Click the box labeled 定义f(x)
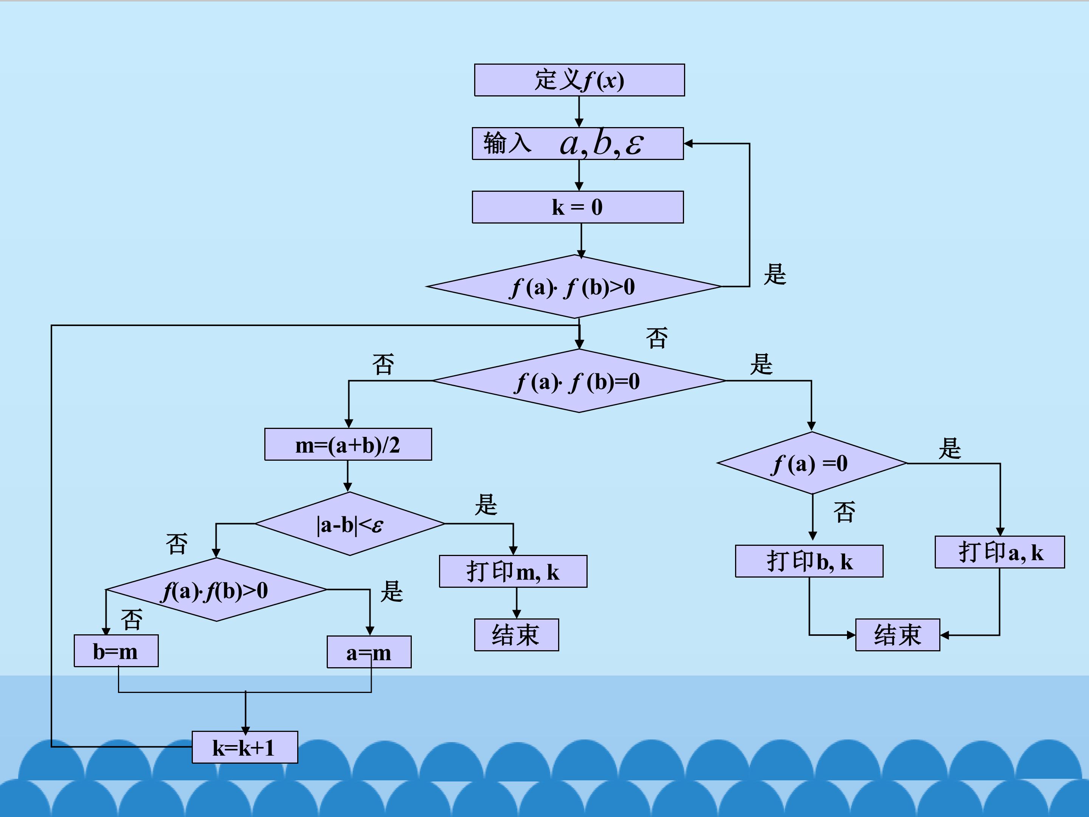coord(579,80)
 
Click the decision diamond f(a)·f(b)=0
coord(579,381)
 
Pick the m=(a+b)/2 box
coord(348,444)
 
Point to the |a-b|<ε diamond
coord(349,524)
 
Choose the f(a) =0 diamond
coord(812,463)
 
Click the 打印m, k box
coord(513,571)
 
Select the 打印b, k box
coord(809,561)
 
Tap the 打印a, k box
coord(999,552)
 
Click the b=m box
coord(116,651)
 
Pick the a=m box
coord(369,652)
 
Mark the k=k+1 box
coord(245,747)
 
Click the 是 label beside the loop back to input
coord(775,274)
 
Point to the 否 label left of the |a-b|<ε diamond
coord(177,544)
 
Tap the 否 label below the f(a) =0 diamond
coord(844,512)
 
